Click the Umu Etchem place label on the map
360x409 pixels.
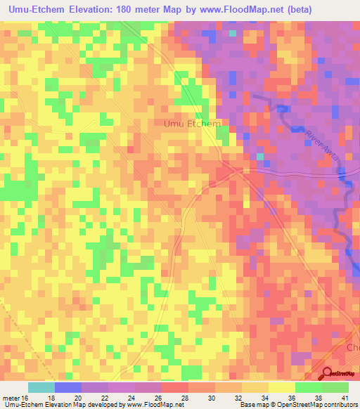[192, 124]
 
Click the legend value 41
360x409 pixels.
[345, 397]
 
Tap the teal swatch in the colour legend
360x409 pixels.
[41, 387]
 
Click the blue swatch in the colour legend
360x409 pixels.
[68, 387]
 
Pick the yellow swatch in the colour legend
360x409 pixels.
[282, 387]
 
